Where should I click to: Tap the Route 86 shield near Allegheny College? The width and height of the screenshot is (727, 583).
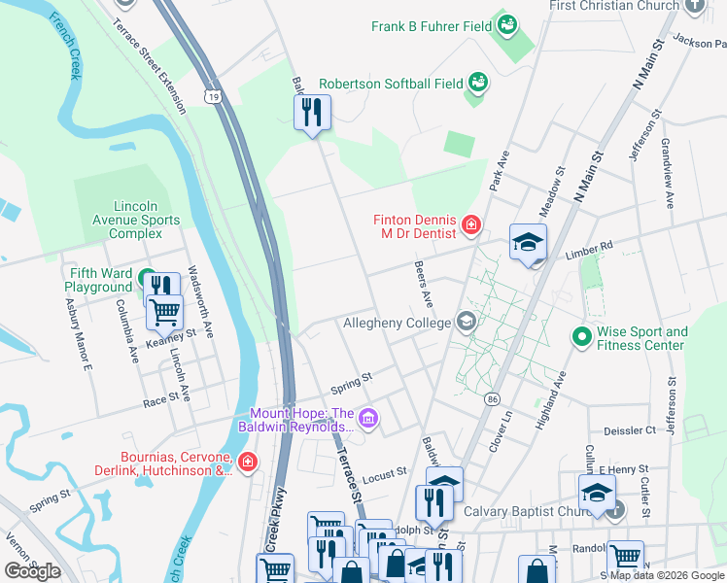[494, 399]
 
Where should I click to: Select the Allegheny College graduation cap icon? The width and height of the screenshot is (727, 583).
[467, 322]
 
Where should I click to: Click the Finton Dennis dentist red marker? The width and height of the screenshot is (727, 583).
[471, 226]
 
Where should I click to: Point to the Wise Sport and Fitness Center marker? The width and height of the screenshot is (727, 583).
[582, 338]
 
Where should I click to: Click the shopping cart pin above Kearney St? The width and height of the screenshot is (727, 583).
[165, 312]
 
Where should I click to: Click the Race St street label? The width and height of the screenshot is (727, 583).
[162, 397]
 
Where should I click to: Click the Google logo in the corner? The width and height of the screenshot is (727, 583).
[32, 571]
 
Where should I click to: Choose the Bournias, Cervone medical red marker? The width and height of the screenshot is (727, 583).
[248, 461]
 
